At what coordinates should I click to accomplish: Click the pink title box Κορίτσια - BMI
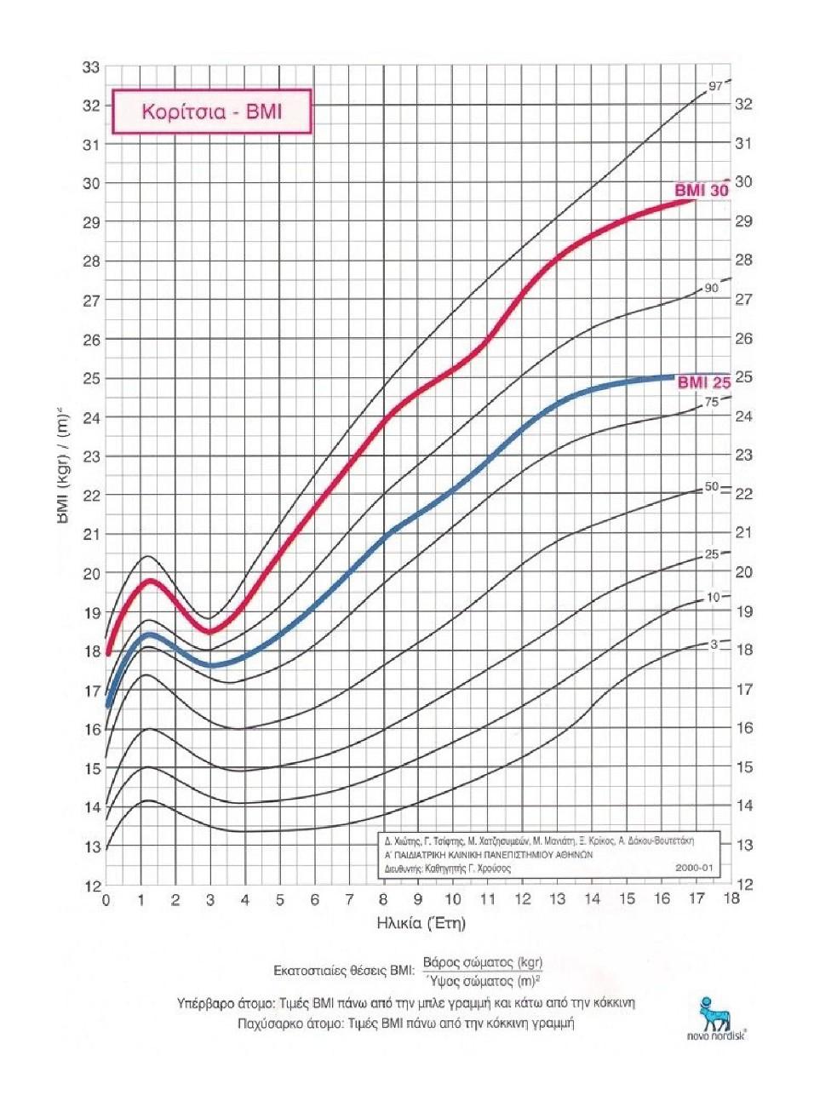pos(211,112)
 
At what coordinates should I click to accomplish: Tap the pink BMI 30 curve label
pos(702,190)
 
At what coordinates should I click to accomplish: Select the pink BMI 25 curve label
pos(703,382)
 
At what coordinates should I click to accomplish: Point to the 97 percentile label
pos(715,86)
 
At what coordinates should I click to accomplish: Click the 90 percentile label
pos(711,289)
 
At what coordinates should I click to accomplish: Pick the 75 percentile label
pos(711,402)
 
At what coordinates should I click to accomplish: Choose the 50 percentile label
pos(711,487)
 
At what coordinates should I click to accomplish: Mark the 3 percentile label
pos(714,645)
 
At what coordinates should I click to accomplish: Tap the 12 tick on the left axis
pos(91,886)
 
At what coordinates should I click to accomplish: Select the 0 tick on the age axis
pos(106,900)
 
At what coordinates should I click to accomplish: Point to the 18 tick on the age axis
pos(731,899)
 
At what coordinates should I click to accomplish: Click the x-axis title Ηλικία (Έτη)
pos(421,923)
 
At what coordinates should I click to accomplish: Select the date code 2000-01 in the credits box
pos(694,868)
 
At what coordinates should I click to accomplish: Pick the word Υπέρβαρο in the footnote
pos(204,1003)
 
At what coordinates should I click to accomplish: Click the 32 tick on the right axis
pos(743,104)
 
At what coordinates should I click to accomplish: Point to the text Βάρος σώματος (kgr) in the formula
pos(482,963)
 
